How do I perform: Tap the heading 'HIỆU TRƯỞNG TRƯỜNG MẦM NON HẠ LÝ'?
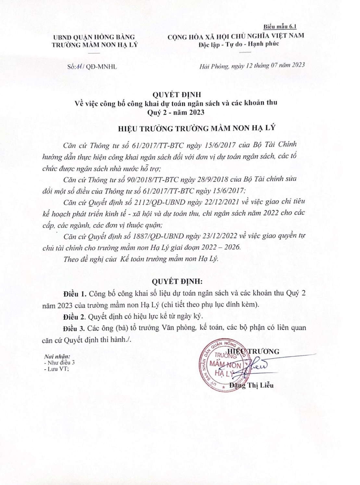[x=196, y=128]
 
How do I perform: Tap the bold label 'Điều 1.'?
[x=74, y=293]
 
